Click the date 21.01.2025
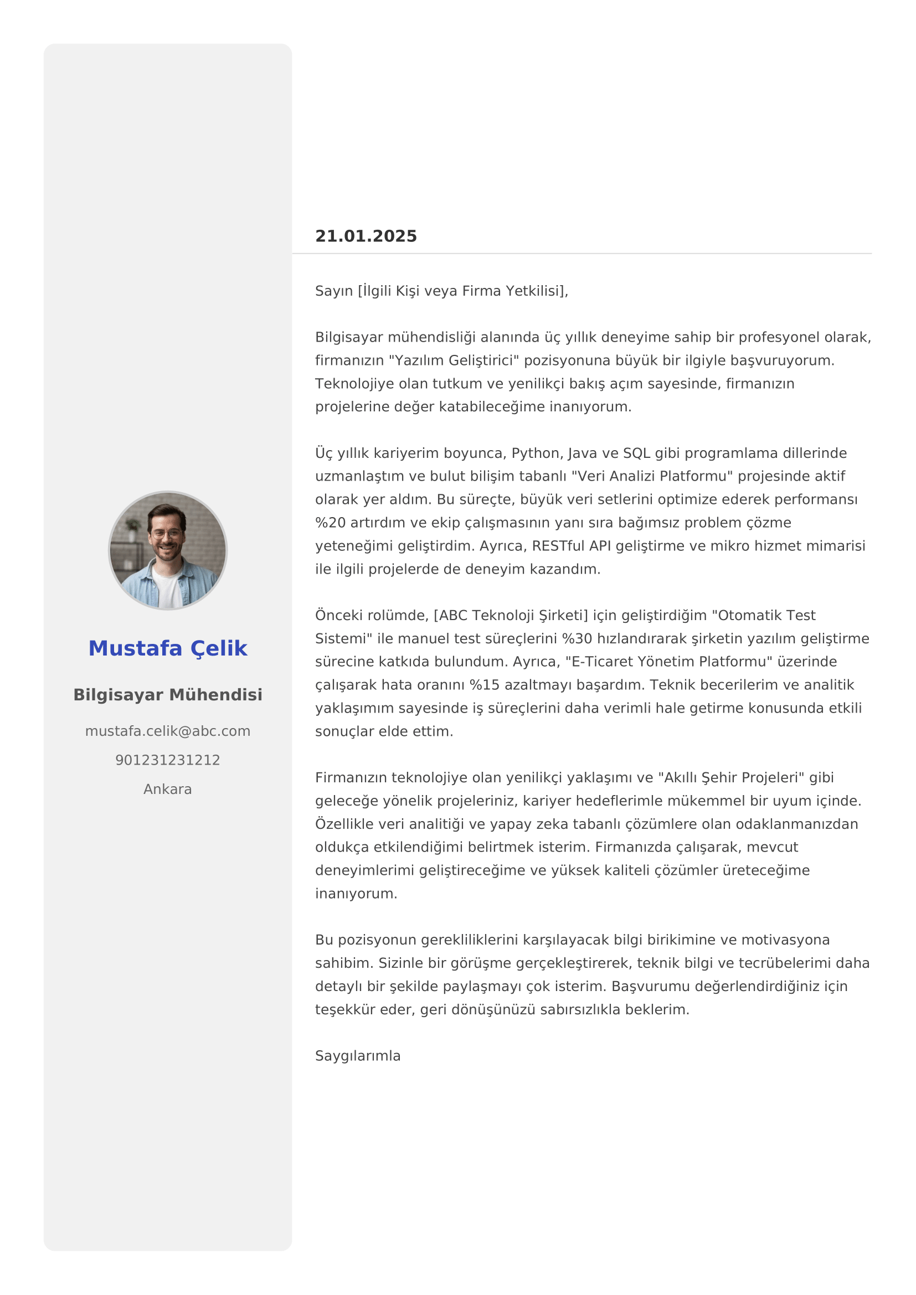point(366,236)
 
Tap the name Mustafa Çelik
point(167,649)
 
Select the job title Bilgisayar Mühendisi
point(167,695)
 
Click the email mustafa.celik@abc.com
point(167,731)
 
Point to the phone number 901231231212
point(167,760)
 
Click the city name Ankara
point(167,789)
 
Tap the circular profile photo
point(167,550)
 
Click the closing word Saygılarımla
point(358,1056)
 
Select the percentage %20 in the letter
point(330,523)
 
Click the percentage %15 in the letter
point(484,685)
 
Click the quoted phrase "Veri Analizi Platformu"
point(652,477)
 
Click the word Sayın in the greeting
point(334,291)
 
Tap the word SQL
point(636,453)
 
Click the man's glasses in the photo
point(166,534)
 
